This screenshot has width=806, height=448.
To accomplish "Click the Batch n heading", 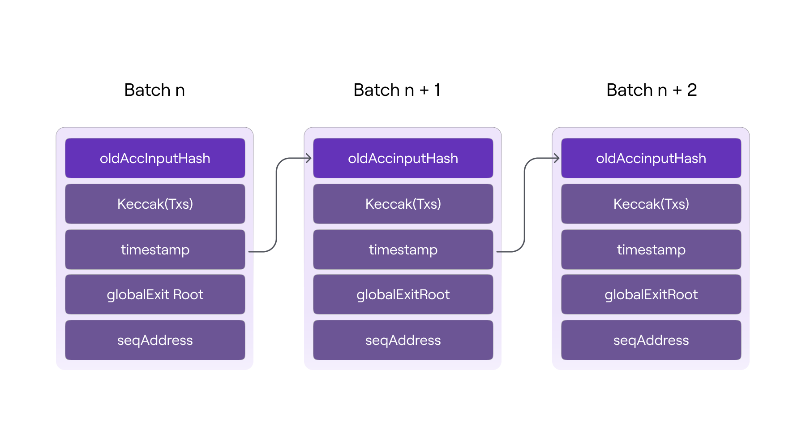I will pyautogui.click(x=154, y=90).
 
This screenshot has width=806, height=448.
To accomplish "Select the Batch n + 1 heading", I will pyautogui.click(x=397, y=90).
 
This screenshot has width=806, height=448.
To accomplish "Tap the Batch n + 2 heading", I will pyautogui.click(x=652, y=90).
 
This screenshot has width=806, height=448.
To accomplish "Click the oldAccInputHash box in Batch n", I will pyautogui.click(x=155, y=158).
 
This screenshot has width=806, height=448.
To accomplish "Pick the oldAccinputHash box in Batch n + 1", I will pyautogui.click(x=403, y=158).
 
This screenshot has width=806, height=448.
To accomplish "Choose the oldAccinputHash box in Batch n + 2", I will pyautogui.click(x=651, y=158).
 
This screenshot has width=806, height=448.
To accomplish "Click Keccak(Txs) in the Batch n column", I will pyautogui.click(x=155, y=204).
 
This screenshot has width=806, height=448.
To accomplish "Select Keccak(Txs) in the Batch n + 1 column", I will pyautogui.click(x=403, y=204).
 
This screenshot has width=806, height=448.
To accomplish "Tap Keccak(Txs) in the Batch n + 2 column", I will pyautogui.click(x=651, y=204).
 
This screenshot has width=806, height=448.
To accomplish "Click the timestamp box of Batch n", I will pyautogui.click(x=155, y=250).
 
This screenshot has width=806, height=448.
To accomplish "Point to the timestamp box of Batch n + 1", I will pyautogui.click(x=403, y=250).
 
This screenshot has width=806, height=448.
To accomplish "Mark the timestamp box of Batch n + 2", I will pyautogui.click(x=651, y=250).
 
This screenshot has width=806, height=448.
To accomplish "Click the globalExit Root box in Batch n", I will pyautogui.click(x=155, y=294).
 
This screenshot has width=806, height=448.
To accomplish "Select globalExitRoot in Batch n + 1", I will pyautogui.click(x=403, y=294).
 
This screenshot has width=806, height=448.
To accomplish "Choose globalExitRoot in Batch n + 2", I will pyautogui.click(x=651, y=294).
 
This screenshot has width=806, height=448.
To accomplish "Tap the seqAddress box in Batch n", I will pyautogui.click(x=155, y=340).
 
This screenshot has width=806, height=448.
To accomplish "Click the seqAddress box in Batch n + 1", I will pyautogui.click(x=403, y=340).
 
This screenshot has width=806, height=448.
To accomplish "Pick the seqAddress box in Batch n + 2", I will pyautogui.click(x=651, y=340).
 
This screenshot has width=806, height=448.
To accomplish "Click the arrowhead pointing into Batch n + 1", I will pyautogui.click(x=309, y=158).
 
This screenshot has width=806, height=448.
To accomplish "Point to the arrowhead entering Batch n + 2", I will pyautogui.click(x=557, y=158).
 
